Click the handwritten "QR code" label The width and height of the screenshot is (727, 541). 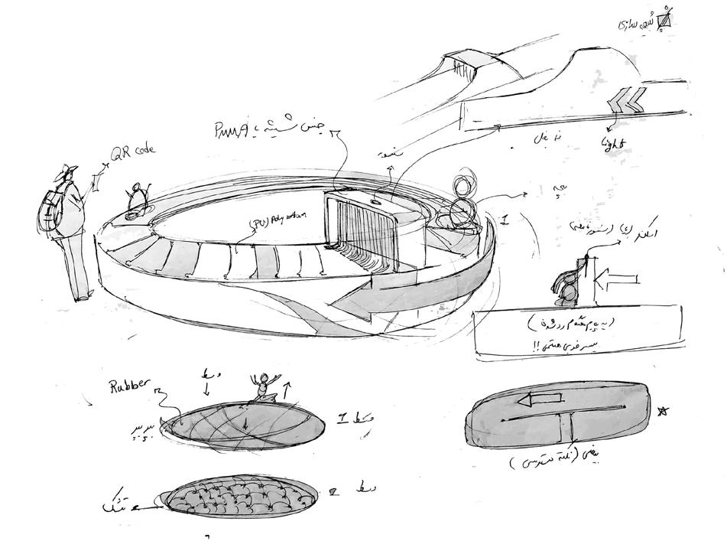coord(132,153)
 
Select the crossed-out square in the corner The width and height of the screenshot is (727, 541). coord(664,20)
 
